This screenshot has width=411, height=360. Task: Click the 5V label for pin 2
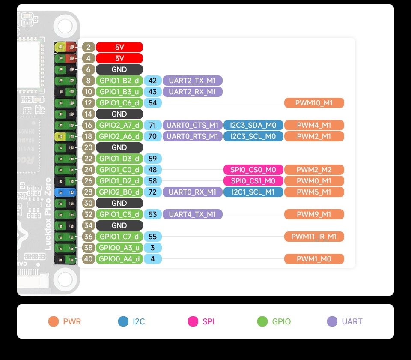119,47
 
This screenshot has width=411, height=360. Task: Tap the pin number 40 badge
89,259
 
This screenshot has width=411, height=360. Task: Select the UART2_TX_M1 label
193,81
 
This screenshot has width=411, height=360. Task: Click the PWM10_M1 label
314,103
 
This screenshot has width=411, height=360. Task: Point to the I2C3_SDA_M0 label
253,125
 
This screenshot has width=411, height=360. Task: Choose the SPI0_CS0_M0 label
253,170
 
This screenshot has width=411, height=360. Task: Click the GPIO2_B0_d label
119,192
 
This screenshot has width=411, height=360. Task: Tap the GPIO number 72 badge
153,192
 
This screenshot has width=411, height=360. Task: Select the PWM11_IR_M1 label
314,237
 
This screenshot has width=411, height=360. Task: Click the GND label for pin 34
119,225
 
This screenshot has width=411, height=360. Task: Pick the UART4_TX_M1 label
193,214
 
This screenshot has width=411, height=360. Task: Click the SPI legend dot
193,321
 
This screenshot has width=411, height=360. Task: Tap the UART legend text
352,321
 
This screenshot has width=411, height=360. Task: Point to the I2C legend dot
123,321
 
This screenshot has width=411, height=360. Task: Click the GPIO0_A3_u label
119,248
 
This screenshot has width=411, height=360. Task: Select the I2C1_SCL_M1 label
253,192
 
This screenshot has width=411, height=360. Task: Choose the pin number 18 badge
89,136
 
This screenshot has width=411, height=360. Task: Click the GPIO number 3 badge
153,248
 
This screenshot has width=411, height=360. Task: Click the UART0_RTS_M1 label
193,136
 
